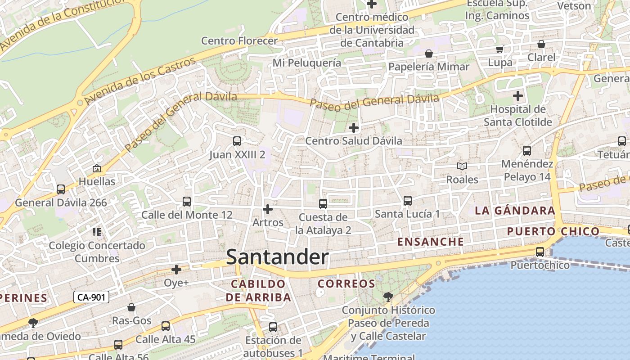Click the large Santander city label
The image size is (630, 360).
[x=277, y=257]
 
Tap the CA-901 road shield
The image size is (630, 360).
[x=91, y=297]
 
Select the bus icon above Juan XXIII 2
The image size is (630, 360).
[x=237, y=141]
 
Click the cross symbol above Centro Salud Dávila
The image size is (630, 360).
[x=354, y=128]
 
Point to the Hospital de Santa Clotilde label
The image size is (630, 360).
[x=517, y=116]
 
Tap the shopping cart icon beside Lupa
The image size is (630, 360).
[x=499, y=49]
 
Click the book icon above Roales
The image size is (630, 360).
[x=462, y=166]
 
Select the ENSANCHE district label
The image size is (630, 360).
[x=430, y=242]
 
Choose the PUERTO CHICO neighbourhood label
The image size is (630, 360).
[x=553, y=232]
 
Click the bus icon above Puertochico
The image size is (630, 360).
[x=540, y=252]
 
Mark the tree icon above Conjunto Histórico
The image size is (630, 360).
[x=388, y=297]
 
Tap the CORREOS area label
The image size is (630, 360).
[x=346, y=284]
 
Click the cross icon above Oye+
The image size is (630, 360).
[x=176, y=270]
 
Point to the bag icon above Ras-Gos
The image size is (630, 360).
[x=131, y=307]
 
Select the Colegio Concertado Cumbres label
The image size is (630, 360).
[x=97, y=252]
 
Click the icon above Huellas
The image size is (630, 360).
[x=96, y=169]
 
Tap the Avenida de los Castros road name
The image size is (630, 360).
[x=139, y=80]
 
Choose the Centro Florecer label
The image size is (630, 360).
[x=239, y=41]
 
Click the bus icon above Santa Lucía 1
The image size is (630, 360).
[x=407, y=201]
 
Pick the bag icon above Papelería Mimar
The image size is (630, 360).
[x=428, y=54]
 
